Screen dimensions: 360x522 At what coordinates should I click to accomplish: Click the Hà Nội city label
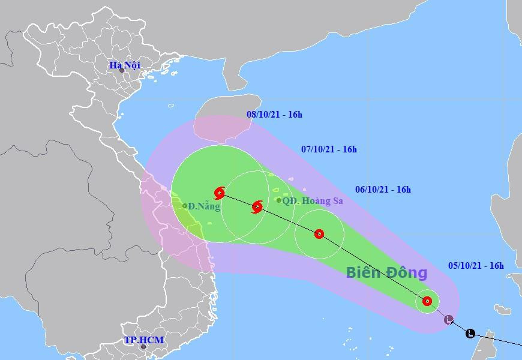pos(124,65)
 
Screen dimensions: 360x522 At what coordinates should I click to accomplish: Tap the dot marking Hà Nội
pos(122,70)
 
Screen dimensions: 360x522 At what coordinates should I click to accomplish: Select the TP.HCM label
pos(144,340)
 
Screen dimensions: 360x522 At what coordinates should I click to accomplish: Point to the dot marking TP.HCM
pos(143,346)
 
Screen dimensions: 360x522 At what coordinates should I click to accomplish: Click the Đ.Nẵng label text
pos(204,206)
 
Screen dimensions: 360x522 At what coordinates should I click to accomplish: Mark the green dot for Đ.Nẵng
pos(185,206)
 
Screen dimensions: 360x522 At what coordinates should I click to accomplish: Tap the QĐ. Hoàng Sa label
pos(313,201)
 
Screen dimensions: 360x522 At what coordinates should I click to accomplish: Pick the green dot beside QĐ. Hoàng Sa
pos(278,200)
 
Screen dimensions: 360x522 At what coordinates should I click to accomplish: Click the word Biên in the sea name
pos(362,273)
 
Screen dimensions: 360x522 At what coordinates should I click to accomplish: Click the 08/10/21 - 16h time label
pos(275,114)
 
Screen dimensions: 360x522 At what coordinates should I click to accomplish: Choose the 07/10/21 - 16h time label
pos(329,149)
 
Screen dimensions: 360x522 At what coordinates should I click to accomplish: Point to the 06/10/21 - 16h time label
pos(383,190)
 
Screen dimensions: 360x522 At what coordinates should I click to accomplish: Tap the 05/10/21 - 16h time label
pos(476,265)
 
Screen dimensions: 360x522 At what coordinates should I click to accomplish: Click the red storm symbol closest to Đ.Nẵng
pos(219,193)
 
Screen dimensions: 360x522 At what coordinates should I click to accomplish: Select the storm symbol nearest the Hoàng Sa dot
pos(257,207)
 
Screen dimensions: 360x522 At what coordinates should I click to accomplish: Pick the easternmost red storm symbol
pos(427,301)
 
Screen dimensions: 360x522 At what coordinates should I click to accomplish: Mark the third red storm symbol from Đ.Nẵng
pos(319,234)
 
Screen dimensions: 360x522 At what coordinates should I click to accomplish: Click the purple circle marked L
pos(449,319)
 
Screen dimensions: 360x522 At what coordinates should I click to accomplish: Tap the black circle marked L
pos(470,334)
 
